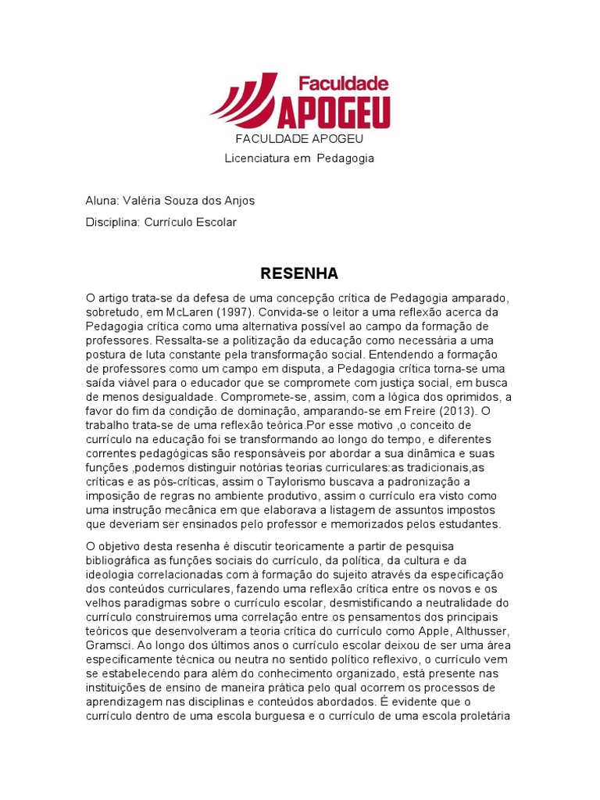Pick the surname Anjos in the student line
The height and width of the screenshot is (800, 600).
238,201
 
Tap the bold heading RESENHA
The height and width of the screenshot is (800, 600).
299,273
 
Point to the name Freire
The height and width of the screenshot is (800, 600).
425,410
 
